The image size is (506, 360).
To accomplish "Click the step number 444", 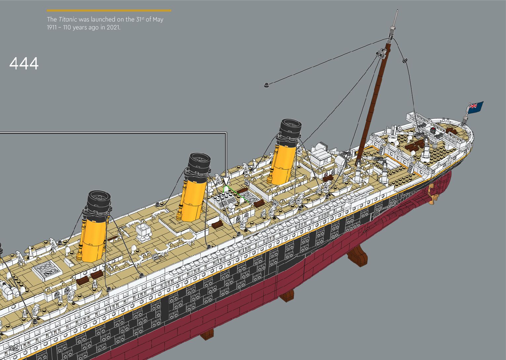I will [x=24, y=63].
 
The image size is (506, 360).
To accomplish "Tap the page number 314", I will [x=14, y=348].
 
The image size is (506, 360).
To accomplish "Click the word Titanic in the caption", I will [x=68, y=20].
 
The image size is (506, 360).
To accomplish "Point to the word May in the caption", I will [x=158, y=20].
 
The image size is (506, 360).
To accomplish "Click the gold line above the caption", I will [x=109, y=11].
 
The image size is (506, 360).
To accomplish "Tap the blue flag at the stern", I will [x=475, y=107].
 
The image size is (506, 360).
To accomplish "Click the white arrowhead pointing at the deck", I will [x=226, y=181].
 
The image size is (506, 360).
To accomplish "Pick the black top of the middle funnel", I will [x=199, y=163].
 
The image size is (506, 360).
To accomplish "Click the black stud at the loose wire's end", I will [x=266, y=85].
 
